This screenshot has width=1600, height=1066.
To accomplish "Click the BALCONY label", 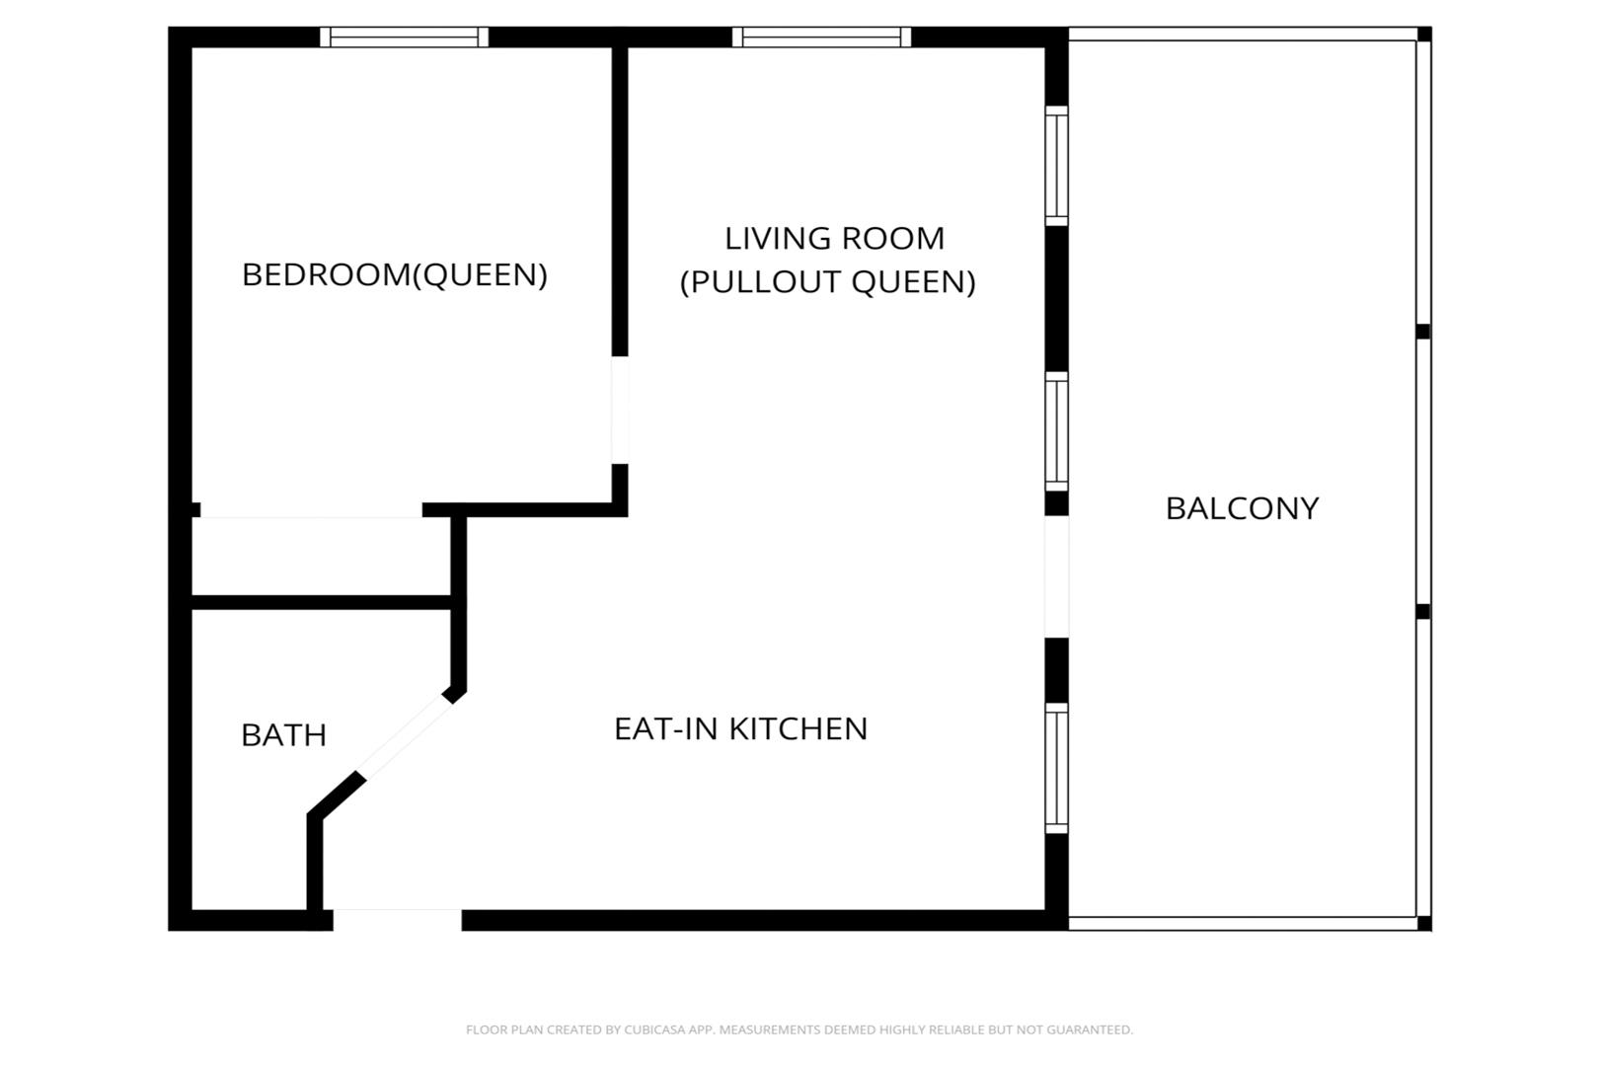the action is click(x=1242, y=508).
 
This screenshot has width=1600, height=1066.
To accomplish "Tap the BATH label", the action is click(x=283, y=735).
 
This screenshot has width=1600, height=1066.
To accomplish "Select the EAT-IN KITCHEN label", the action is click(x=740, y=728).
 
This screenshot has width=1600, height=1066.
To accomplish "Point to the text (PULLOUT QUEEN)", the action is click(x=828, y=282).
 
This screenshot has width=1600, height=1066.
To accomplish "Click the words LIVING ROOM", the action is click(x=834, y=239).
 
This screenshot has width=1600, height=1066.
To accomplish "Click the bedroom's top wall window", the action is click(x=405, y=38).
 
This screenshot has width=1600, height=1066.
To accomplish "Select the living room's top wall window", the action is click(x=821, y=38).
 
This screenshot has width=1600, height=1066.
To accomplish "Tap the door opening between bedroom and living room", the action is click(x=620, y=410).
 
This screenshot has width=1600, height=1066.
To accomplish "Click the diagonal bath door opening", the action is click(x=405, y=737).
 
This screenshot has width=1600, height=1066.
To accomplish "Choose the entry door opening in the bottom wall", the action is click(x=397, y=920).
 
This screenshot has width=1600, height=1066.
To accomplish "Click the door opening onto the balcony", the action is click(x=1056, y=576).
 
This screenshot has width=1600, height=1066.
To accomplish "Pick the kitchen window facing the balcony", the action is click(x=1056, y=768).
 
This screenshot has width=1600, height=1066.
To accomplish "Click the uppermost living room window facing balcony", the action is click(x=1056, y=166).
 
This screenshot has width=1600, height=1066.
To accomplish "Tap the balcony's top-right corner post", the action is click(x=1424, y=35).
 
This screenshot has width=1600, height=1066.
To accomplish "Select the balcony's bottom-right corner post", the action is click(x=1424, y=923).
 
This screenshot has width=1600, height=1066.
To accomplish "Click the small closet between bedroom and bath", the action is click(x=321, y=556).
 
